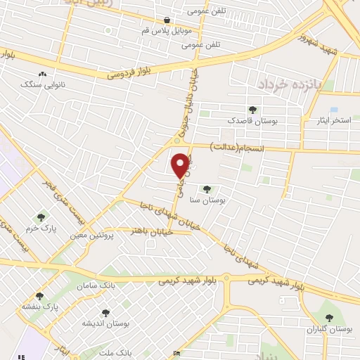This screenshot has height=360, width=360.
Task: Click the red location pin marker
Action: click(x=181, y=165)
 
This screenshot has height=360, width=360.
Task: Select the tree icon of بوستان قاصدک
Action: click(x=252, y=109)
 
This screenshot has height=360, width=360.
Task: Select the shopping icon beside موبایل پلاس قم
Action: click(x=166, y=20)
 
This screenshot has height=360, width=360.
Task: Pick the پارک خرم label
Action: click(x=41, y=229)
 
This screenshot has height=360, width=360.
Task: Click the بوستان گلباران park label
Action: click(x=328, y=328)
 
